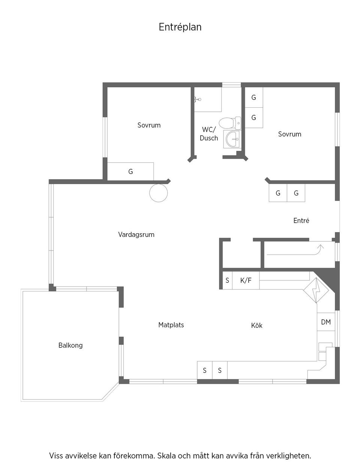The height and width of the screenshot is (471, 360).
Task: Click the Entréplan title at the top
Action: point(180,27)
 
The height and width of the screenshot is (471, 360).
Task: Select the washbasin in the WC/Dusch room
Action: point(232,139)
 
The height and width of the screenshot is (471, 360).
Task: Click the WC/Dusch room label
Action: point(209,134)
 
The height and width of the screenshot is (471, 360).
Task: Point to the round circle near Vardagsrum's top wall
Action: point(158,193)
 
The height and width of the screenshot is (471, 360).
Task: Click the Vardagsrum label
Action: point(136,235)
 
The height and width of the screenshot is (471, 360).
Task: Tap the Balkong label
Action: point(70,345)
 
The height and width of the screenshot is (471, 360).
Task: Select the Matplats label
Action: point(171,325)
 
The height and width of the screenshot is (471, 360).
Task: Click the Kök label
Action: point(256,325)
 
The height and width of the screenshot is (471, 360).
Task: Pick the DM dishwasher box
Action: point(326,322)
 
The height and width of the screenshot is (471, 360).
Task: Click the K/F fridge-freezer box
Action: point(246,280)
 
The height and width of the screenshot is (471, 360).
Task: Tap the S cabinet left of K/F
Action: point(227,280)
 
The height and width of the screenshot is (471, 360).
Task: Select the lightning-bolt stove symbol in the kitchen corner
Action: point(315,290)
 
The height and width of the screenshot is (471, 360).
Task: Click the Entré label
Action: point(301,221)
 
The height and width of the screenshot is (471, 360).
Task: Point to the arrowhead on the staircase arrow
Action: point(321,246)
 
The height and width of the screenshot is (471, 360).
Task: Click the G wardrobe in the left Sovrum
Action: point(130,172)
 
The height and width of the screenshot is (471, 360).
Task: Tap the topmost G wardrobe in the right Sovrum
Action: point(254,97)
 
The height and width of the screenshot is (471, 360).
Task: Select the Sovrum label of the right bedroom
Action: point(289,134)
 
